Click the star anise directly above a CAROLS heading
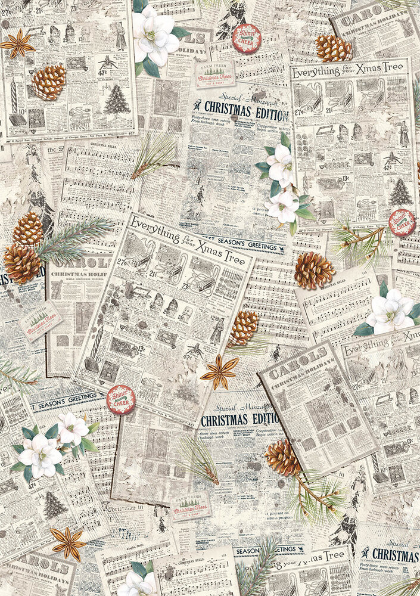(x=67, y=543)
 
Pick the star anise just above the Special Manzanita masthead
(x=219, y=372)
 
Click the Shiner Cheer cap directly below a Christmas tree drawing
(x=402, y=223)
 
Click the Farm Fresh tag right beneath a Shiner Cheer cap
(x=215, y=74)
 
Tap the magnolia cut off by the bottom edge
(x=138, y=583)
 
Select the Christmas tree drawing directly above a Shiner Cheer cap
(x=400, y=192)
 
